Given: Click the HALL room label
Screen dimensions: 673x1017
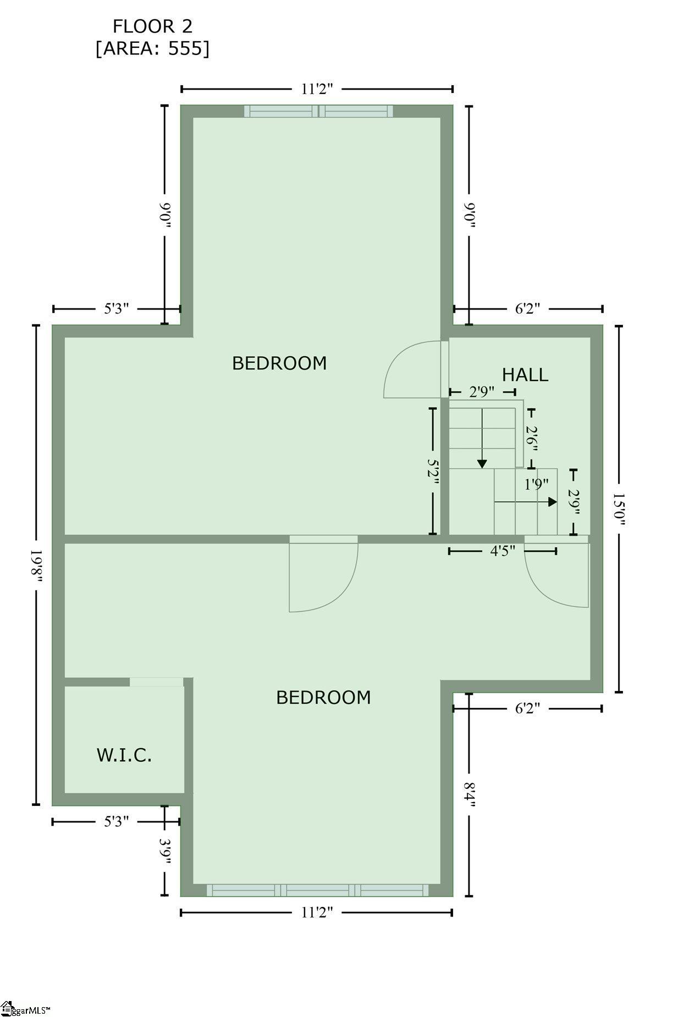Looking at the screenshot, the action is pos(525,375).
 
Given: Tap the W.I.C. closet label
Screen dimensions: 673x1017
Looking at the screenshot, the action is pos(124,755).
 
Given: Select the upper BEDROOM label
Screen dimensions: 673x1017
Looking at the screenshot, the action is pos(279,363).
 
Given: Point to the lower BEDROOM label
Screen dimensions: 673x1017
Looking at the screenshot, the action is pos(323,698).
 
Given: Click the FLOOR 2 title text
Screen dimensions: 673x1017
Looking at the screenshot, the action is pos(152,26).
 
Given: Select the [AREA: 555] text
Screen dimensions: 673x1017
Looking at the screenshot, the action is pos(152,49).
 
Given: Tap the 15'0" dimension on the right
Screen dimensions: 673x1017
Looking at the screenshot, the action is pos(620,509).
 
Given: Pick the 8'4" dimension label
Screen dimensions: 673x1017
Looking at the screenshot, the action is pos(469,795).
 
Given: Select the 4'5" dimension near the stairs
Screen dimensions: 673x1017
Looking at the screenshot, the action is pos(503,551).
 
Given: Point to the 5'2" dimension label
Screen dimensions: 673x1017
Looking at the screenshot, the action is pos(433,472).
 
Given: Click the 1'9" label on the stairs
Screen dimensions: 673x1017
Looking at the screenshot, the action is pos(536,484).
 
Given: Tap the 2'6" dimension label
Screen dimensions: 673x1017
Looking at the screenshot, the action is pos(531,439).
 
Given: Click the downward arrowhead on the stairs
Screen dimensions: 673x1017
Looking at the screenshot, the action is pos(482,464).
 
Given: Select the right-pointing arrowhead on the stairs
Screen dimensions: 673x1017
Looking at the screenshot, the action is pos(553,502).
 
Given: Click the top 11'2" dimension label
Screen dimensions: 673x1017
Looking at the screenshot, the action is pos(317,89).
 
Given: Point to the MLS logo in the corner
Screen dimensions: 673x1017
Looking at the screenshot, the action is pos(25,1009).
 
